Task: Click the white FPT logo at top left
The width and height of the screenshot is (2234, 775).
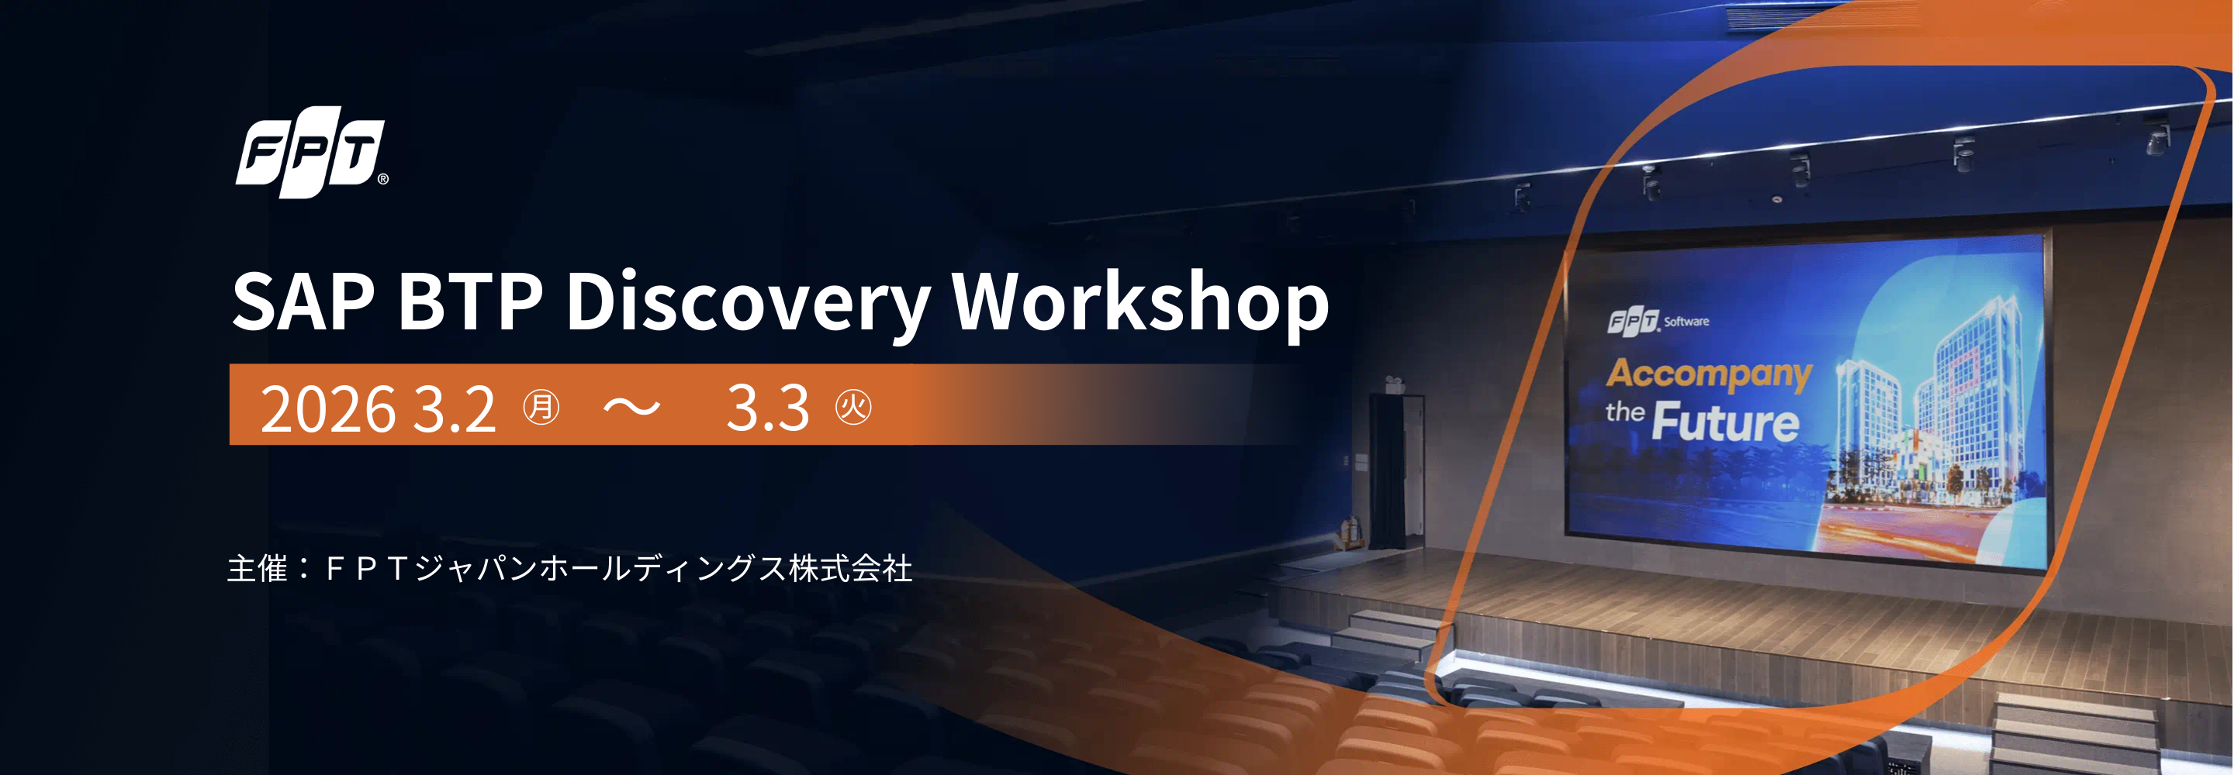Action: [309, 152]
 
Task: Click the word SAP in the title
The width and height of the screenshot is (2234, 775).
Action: [303, 301]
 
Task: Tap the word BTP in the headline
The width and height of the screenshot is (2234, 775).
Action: [469, 301]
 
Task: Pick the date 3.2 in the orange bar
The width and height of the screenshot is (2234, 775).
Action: [454, 408]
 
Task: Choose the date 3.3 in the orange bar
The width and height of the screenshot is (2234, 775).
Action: [767, 407]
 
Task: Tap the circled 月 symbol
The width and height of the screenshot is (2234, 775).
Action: [541, 407]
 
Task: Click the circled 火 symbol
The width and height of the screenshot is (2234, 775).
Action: [853, 407]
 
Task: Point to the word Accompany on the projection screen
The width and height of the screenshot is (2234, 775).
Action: [1708, 374]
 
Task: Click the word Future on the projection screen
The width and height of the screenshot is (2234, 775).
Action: [1725, 422]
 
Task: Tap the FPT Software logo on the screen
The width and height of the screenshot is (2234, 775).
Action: [1656, 321]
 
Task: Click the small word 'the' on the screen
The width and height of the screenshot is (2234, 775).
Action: [1624, 412]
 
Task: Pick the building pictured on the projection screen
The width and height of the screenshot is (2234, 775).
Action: [1934, 408]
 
